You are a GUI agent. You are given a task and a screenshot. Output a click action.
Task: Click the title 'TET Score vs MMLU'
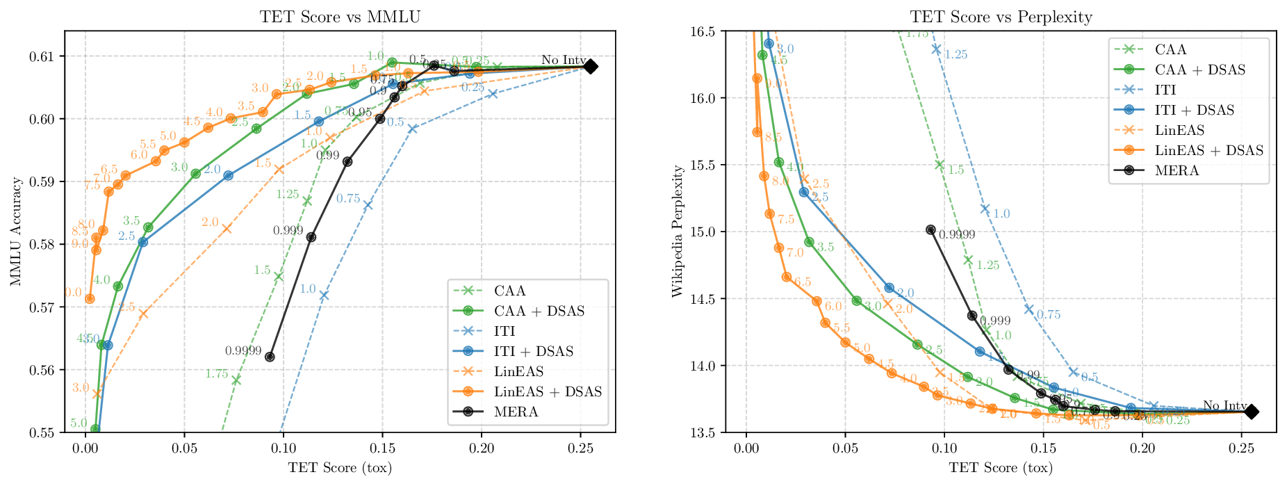coord(340,17)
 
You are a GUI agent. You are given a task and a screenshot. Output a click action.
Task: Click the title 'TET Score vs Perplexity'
coord(1001,17)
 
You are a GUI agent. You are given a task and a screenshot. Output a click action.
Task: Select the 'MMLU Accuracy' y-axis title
coord(16,232)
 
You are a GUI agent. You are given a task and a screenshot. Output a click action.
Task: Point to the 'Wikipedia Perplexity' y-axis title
coord(677,232)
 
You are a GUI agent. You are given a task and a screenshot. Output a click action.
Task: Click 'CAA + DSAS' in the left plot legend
coord(539,311)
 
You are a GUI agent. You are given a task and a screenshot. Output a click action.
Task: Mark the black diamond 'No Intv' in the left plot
coord(590,67)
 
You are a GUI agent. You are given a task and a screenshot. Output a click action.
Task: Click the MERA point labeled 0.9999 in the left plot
coord(270,357)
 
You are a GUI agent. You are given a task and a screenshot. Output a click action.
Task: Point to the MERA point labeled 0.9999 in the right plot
coord(931,229)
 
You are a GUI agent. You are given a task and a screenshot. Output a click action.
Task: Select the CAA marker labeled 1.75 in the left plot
coord(236,380)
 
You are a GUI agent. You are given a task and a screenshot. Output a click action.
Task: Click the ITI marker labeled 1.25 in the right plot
coord(936,49)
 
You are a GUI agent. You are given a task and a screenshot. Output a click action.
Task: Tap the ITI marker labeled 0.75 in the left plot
coord(368,205)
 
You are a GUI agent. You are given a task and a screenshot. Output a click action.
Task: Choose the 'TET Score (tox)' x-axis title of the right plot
coord(1001,467)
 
